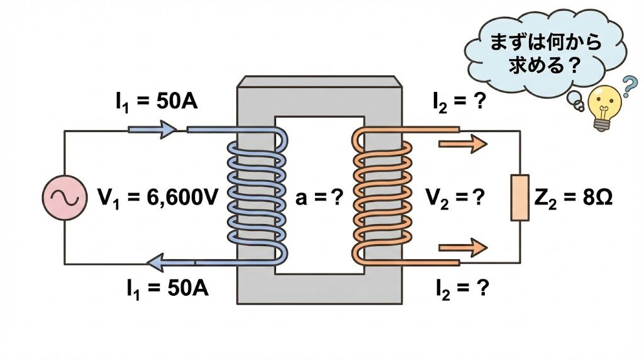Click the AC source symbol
[x=64, y=197]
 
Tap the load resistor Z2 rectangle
[x=519, y=198]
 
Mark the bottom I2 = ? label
[x=462, y=289]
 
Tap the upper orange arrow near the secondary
[x=462, y=144]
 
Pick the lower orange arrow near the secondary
[x=462, y=245]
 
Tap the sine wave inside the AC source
[x=64, y=197]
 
